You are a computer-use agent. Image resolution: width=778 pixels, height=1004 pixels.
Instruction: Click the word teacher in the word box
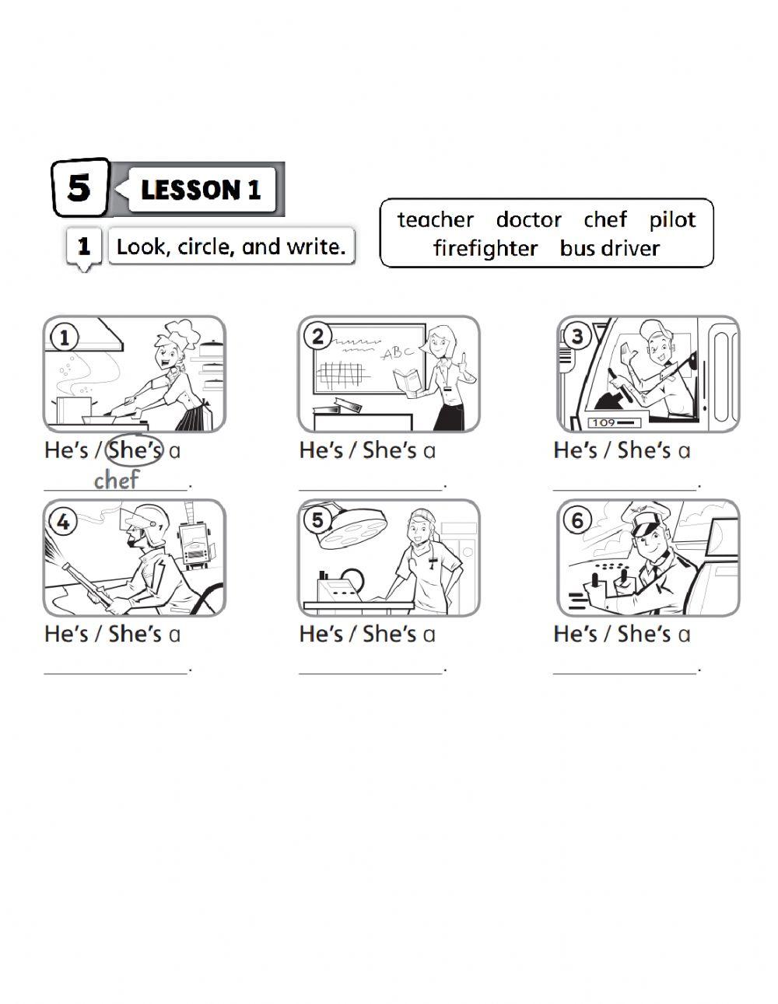tap(436, 219)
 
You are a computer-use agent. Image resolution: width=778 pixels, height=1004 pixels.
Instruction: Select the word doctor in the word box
tap(528, 219)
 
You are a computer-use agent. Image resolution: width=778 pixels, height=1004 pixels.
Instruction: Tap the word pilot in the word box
tap(672, 220)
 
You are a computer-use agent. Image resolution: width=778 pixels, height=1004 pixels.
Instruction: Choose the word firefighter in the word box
tap(485, 248)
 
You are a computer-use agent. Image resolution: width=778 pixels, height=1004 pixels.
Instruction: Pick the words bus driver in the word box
tap(609, 248)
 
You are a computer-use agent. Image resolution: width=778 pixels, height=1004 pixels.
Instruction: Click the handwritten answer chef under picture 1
tap(117, 480)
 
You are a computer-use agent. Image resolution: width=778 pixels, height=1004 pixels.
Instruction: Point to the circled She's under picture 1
tap(135, 450)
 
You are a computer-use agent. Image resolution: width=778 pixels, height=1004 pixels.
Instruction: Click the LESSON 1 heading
tap(201, 190)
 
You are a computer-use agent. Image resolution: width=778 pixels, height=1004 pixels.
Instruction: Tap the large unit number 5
tap(79, 188)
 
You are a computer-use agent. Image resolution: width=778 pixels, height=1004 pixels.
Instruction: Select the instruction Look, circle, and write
tap(231, 247)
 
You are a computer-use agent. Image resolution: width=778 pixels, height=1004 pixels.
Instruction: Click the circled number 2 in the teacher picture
tap(318, 337)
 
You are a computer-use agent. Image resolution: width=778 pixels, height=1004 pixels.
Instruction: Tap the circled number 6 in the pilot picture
tap(577, 520)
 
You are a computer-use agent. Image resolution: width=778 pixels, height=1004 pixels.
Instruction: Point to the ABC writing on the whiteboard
tap(398, 353)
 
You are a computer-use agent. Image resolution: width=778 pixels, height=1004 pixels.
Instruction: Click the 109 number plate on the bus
tap(614, 423)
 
